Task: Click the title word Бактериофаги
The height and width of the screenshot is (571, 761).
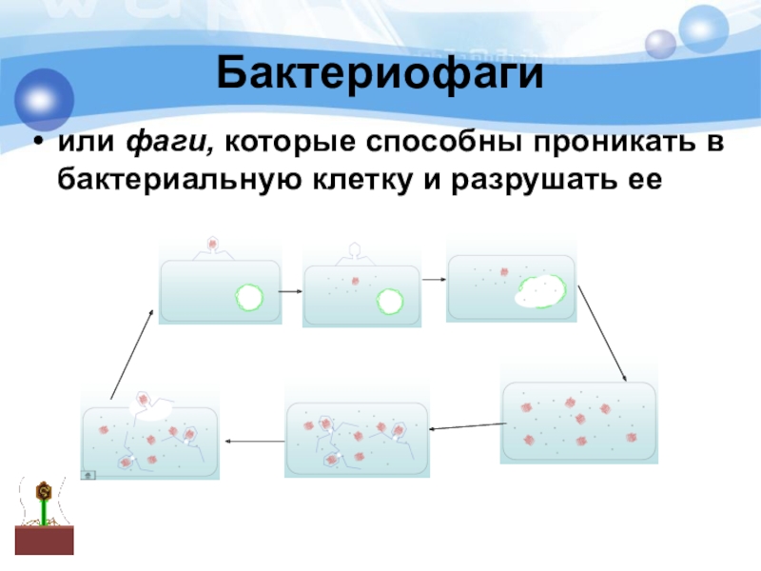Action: pos(380,73)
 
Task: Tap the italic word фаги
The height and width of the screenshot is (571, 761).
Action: pos(161,143)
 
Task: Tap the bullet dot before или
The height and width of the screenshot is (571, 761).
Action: pos(37,144)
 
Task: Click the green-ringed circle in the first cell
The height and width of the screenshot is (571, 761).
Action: pos(249,297)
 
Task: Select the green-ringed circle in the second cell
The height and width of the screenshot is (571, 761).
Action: pos(390,302)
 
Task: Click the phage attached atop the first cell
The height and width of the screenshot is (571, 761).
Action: pos(214,246)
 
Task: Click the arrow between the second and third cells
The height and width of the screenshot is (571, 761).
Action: pos(434,280)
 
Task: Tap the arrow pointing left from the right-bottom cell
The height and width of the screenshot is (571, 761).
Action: pos(463,428)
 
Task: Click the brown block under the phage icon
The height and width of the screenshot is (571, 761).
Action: pos(44,540)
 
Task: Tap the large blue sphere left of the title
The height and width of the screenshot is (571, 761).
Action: pos(42,95)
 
